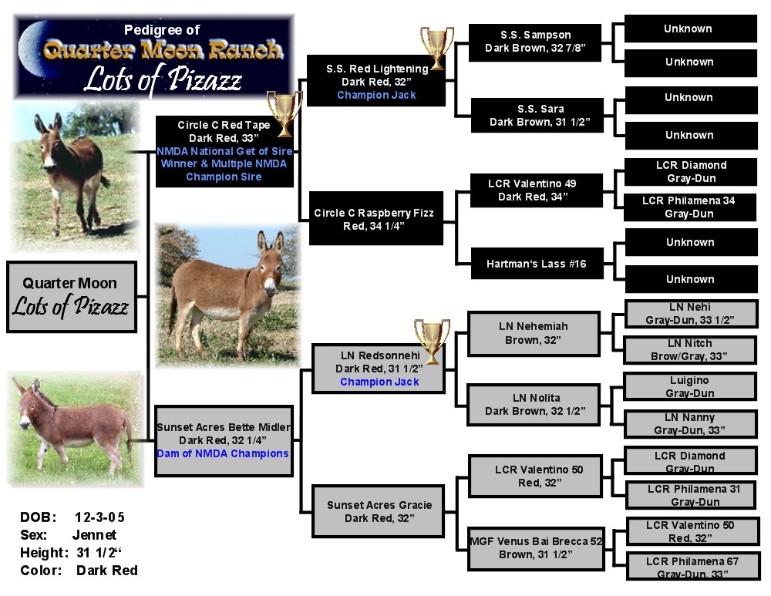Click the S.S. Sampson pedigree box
[535, 42]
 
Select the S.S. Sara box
[537, 116]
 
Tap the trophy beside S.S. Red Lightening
[436, 48]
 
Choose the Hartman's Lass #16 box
[537, 264]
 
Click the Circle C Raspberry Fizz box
[375, 218]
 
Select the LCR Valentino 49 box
[537, 190]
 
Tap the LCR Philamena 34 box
[690, 207]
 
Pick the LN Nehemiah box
[534, 333]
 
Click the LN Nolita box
[534, 404]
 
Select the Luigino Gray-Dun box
[689, 386]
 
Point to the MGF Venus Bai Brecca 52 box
[536, 548]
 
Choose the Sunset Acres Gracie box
[378, 511]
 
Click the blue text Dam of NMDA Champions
[223, 453]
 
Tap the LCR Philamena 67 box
[693, 567]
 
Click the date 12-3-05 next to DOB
[99, 517]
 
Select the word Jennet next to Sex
[94, 535]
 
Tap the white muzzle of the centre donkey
[269, 285]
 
